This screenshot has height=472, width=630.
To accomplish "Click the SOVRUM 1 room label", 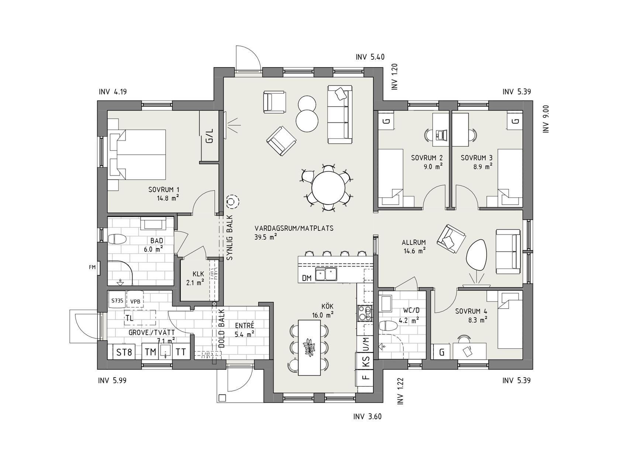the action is pos(164,190).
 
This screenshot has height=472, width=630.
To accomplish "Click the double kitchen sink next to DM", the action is pos(326,275).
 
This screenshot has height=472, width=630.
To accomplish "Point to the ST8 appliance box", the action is pos(124,352).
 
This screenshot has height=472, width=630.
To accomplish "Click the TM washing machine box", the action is pos(151,352).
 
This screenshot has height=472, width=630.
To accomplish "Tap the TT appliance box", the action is pos(181,352).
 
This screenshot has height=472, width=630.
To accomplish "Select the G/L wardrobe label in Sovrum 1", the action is pos(209,136).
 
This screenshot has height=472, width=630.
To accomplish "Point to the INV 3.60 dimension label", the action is pos(368,417).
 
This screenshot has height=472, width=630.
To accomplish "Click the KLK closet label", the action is pos(198,274).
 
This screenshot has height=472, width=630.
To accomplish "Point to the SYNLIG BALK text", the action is pos(230,238).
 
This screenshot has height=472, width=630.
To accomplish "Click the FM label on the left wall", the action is pos(92,267).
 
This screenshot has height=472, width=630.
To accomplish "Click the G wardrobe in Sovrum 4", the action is pos(441,352).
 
